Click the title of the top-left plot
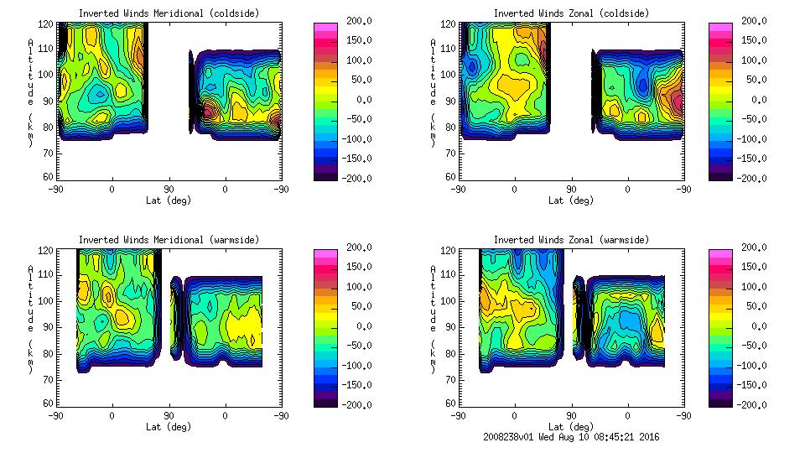click(169, 13)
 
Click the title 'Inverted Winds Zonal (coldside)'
click(571, 13)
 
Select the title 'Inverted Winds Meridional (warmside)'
click(169, 240)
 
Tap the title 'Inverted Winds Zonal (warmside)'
click(571, 240)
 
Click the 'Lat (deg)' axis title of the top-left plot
click(169, 200)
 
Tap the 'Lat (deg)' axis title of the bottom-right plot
click(571, 427)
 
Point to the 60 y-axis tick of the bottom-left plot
click(49, 404)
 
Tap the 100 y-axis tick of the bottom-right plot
click(449, 300)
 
